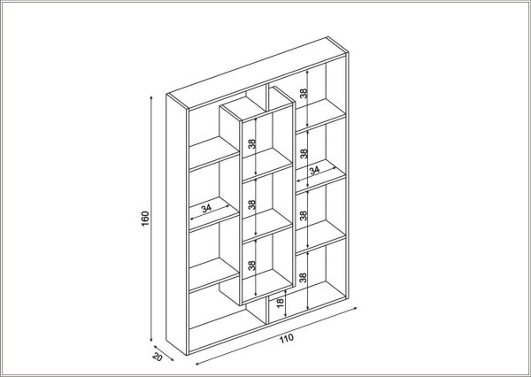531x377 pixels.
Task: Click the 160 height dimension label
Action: click(145, 219)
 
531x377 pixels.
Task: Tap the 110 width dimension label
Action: click(287, 338)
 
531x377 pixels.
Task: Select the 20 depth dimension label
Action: click(158, 357)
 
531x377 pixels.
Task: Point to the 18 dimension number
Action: click(280, 303)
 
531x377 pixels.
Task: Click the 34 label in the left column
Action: click(206, 208)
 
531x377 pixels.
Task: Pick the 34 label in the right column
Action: click(314, 170)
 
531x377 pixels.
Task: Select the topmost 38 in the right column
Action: click(304, 93)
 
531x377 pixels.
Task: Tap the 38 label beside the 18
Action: click(303, 278)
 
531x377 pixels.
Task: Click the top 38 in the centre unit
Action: click(251, 143)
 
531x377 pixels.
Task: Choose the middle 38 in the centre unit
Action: click(251, 204)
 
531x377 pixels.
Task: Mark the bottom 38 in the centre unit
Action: click(251, 265)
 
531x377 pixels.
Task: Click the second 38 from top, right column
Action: click(304, 153)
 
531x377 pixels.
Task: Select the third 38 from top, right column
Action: click(304, 215)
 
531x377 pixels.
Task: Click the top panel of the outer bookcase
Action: click(258, 73)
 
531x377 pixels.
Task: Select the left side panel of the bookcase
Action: click(177, 225)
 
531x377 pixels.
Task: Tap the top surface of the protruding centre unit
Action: click(258, 104)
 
